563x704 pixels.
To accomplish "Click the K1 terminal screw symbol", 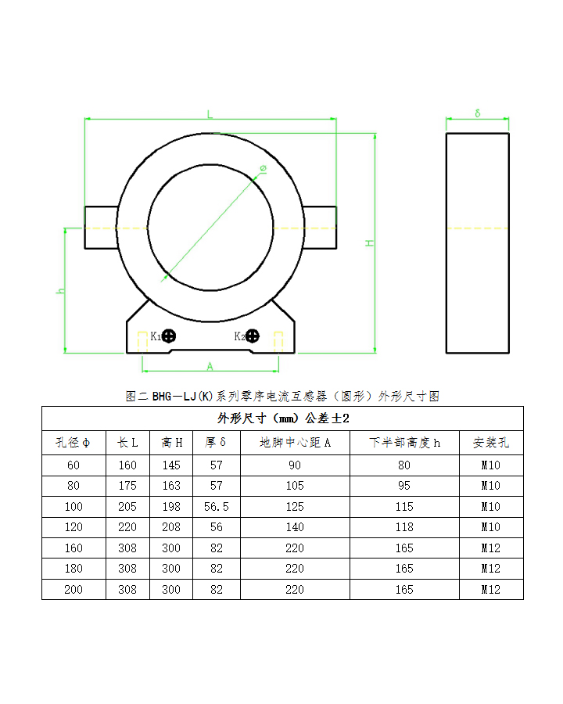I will (169, 336).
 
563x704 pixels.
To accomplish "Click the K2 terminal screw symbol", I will (253, 336).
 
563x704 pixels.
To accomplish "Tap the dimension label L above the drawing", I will (210, 114).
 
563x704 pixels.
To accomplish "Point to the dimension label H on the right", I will (370, 243).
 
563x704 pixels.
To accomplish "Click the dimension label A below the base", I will (210, 365).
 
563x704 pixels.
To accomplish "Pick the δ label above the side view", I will (478, 113).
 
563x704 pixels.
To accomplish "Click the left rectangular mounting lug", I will (100, 228).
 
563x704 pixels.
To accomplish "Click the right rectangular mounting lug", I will (320, 228).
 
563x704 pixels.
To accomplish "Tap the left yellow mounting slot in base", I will (142, 341).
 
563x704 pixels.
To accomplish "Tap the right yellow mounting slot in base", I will (278, 341).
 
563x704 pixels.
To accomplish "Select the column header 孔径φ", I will (74, 443).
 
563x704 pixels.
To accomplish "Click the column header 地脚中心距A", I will (295, 443).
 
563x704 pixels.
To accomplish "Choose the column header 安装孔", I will (490, 443).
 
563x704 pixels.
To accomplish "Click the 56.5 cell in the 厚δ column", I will (216, 507).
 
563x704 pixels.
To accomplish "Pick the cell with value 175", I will (127, 486).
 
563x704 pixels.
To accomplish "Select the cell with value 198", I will (171, 507).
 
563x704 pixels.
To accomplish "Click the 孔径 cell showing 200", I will (74, 590).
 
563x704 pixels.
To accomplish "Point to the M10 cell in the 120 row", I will (490, 528).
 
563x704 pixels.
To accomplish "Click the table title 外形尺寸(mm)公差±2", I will (282, 418).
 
